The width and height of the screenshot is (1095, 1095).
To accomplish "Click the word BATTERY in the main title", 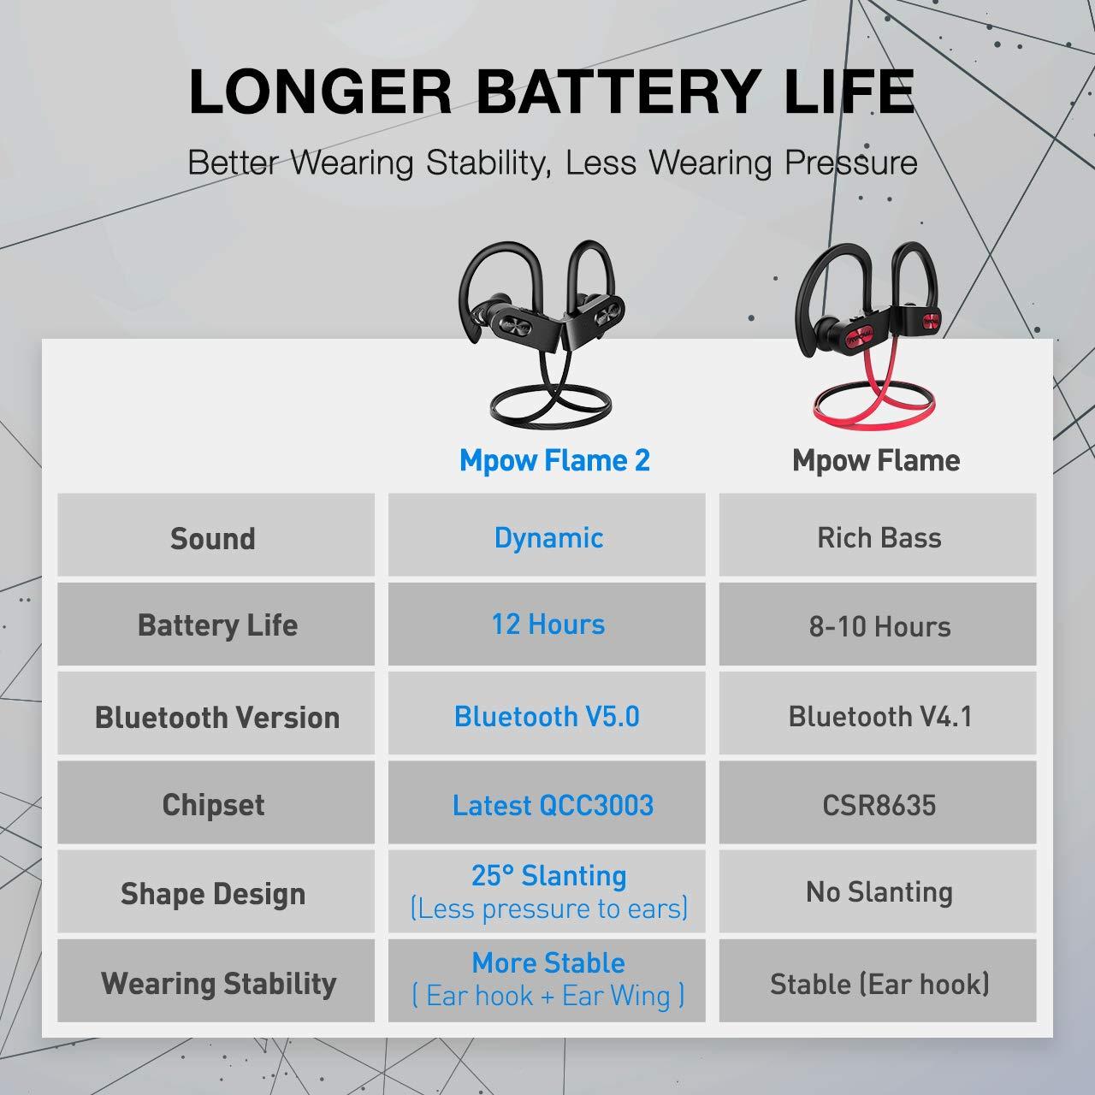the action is [616, 91].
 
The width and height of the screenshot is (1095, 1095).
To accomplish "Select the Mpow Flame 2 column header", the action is [554, 459].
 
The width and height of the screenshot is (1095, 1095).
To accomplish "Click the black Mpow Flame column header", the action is [876, 459].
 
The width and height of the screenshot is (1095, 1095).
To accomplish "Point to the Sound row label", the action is [213, 538].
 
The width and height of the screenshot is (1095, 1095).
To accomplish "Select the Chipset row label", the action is [214, 805].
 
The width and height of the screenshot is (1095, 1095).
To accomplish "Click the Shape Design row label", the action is [213, 894].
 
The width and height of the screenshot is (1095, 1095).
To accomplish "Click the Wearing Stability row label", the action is [219, 984].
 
